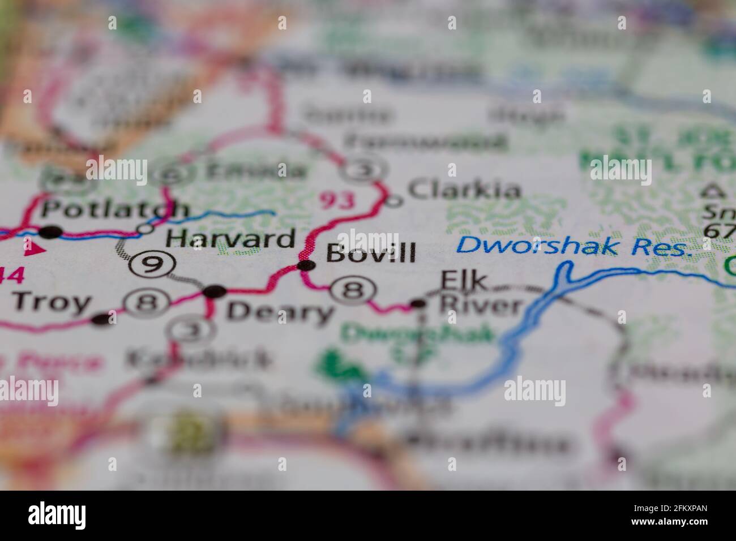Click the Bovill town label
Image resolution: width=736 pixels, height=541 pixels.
pyautogui.click(x=371, y=253)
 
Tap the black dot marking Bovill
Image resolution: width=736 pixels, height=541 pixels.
pyautogui.click(x=306, y=265)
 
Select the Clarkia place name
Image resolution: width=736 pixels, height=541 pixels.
pyautogui.click(x=464, y=190)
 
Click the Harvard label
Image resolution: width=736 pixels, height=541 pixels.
pyautogui.click(x=230, y=239)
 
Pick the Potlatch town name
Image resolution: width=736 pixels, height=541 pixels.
pyautogui.click(x=115, y=209)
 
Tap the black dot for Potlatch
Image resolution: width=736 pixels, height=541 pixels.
pyautogui.click(x=51, y=231)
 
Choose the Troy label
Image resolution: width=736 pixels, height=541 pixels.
pyautogui.click(x=52, y=303)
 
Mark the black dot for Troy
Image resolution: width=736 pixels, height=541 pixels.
pyautogui.click(x=102, y=320)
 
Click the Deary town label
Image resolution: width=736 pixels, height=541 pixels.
pyautogui.click(x=280, y=312)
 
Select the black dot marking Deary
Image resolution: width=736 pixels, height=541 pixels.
pyautogui.click(x=215, y=292)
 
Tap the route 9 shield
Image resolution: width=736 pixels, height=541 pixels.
pyautogui.click(x=151, y=264)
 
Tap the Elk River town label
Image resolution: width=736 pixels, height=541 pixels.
pyautogui.click(x=480, y=294)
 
